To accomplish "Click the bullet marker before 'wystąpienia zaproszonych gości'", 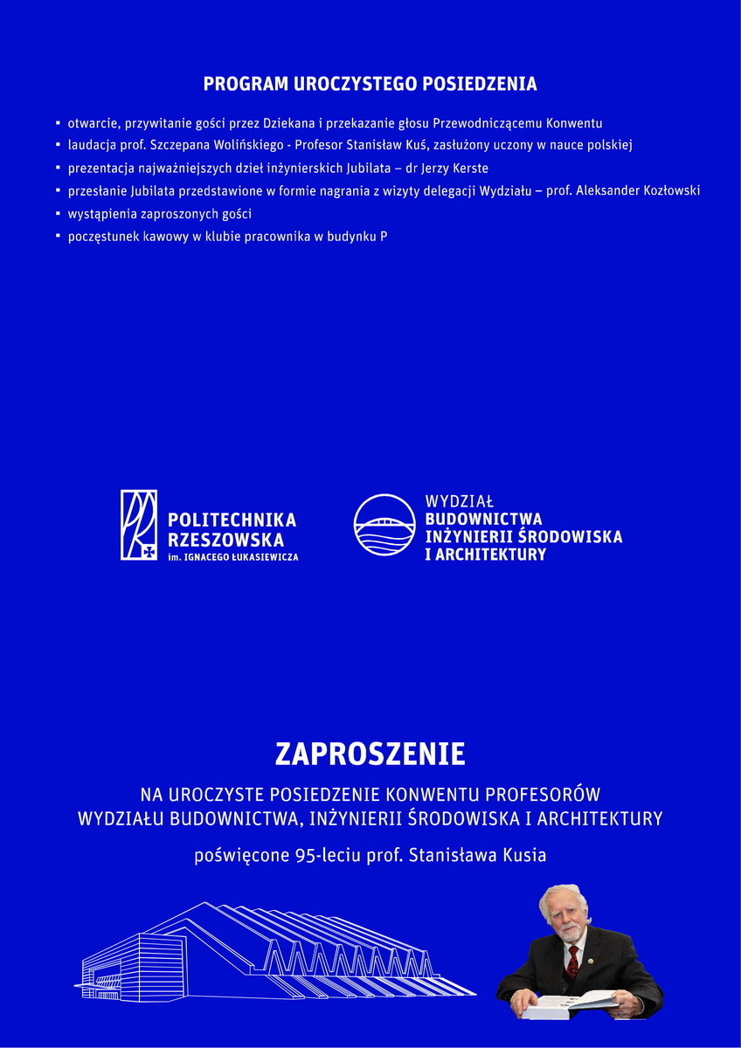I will tap(58, 213).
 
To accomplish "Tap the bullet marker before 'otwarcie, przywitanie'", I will tap(58, 123).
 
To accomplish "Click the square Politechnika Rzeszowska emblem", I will tap(139, 524).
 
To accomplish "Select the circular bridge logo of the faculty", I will tap(384, 524).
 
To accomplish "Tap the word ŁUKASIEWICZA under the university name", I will tap(264, 556).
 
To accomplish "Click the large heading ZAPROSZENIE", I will tap(370, 754).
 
